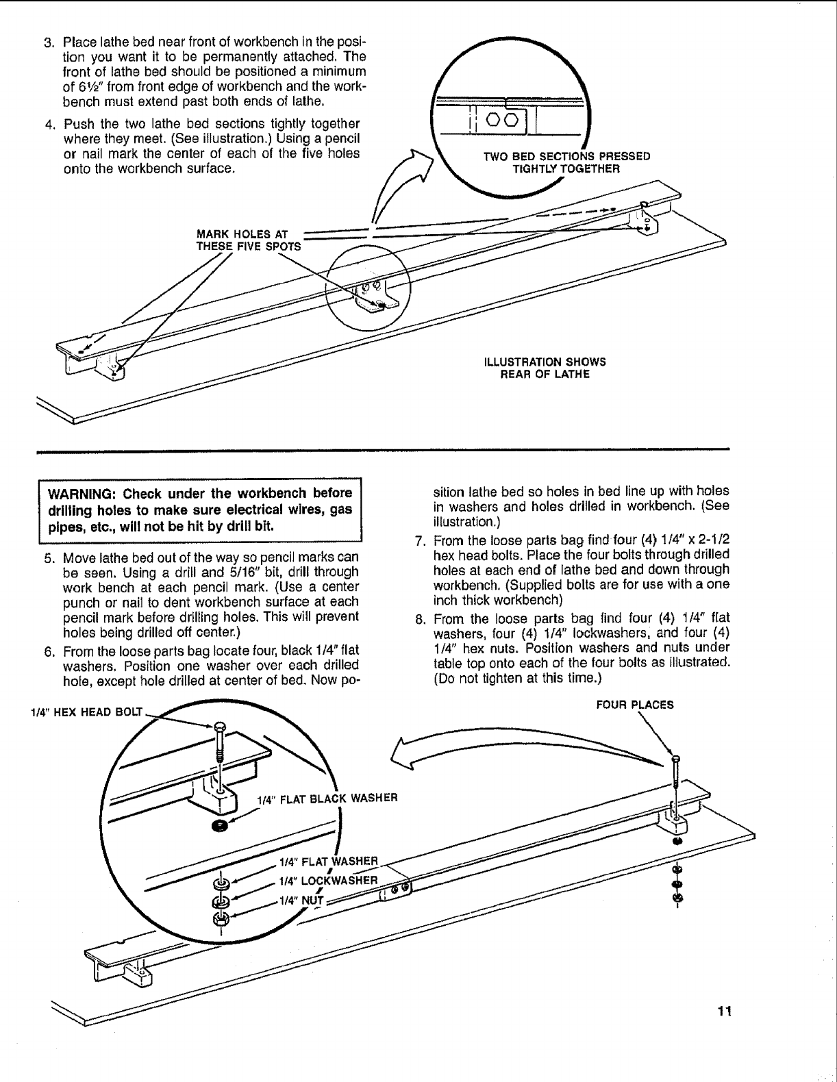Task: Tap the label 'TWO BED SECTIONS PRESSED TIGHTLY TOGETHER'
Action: (566, 162)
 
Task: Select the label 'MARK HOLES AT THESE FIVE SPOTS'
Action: (248, 240)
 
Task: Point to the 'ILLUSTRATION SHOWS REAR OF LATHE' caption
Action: (545, 368)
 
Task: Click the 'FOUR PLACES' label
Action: (634, 704)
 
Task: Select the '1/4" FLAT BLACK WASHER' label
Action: (327, 798)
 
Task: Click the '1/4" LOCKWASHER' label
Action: (327, 880)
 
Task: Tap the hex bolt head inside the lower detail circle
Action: (218, 727)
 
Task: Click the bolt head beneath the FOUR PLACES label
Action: (676, 758)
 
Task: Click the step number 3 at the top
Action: (49, 42)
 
